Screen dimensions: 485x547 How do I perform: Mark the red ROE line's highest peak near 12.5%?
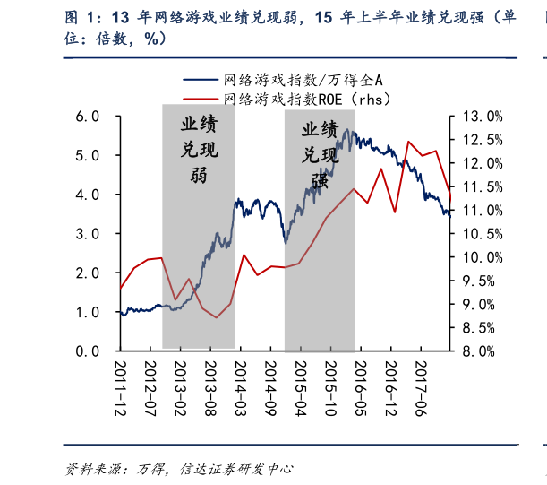pos(408,142)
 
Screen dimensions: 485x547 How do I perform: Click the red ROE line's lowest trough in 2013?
pos(216,317)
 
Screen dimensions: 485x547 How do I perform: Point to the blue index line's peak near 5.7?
pos(352,132)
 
